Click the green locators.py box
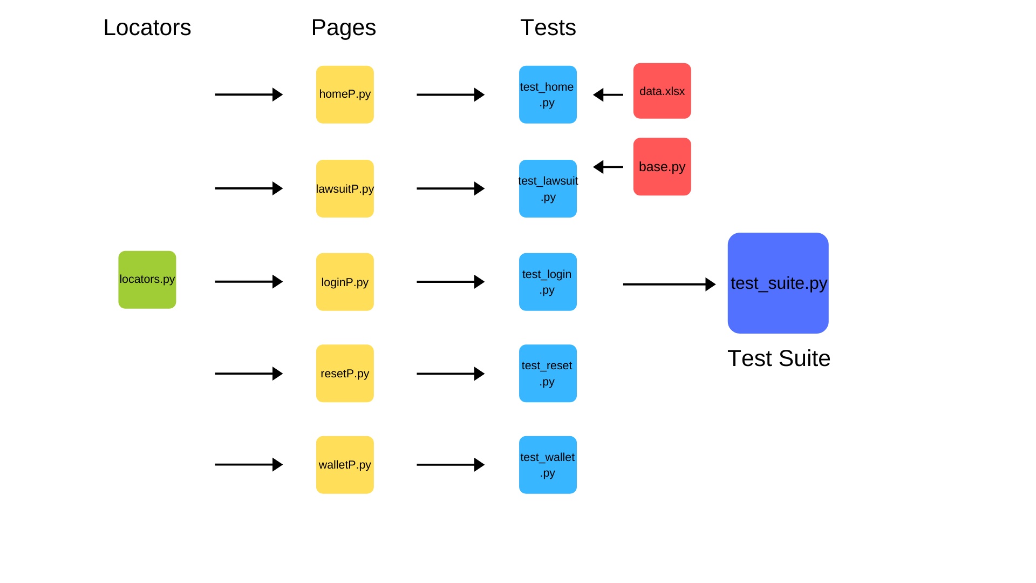point(147,280)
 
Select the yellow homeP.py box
point(345,94)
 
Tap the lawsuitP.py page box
point(345,188)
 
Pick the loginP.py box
point(345,282)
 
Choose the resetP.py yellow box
point(345,373)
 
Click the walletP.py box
point(345,464)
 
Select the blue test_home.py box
point(548,94)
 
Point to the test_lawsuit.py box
point(548,188)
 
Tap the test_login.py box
point(548,282)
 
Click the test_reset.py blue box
point(548,373)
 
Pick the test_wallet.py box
point(548,464)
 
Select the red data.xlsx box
point(662,91)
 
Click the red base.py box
point(662,166)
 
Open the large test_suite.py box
point(778,283)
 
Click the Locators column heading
point(147,28)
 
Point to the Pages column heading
point(344,28)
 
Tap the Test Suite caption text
point(779,358)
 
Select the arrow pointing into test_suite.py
point(669,284)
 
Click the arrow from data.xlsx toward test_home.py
point(608,95)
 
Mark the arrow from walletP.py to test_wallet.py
point(451,464)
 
